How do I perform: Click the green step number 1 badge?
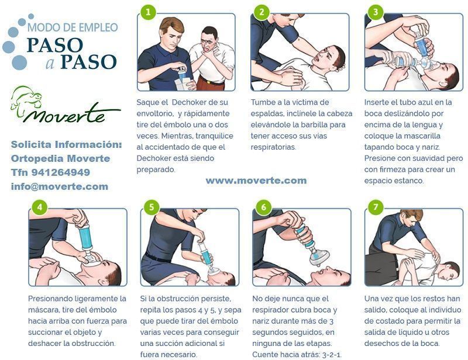(x=148, y=12)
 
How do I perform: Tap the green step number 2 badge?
(x=261, y=12)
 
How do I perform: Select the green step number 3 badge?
(x=376, y=12)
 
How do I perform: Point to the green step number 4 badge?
(x=39, y=207)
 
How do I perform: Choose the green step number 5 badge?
(x=152, y=207)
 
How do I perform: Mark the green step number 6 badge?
(x=264, y=207)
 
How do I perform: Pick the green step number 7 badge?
(x=376, y=207)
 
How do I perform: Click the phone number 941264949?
(x=61, y=172)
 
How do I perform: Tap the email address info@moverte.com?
(x=60, y=186)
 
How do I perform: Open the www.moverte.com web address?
(x=256, y=181)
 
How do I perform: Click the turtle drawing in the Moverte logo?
(x=26, y=101)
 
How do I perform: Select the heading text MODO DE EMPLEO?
(x=73, y=27)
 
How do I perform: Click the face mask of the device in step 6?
(x=319, y=257)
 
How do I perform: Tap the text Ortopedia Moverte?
(x=61, y=158)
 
